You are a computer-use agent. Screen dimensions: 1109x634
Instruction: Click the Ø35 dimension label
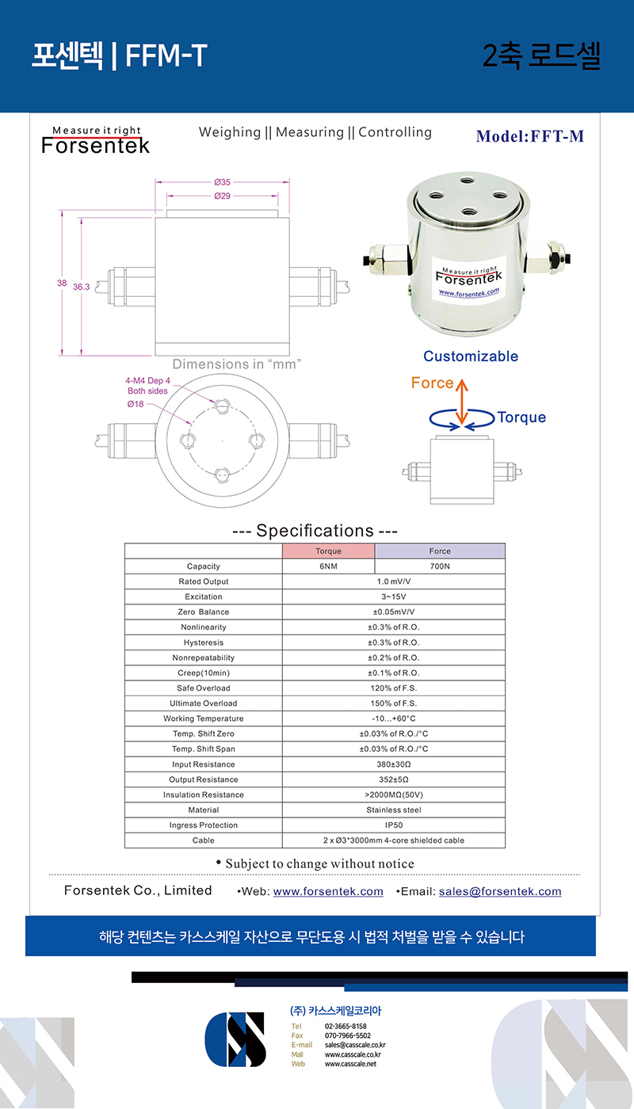click(222, 182)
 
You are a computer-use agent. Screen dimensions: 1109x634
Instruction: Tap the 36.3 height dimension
click(81, 288)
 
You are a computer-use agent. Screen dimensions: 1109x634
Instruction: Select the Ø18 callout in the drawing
click(136, 404)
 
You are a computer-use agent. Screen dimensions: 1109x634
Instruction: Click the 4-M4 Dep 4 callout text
click(148, 386)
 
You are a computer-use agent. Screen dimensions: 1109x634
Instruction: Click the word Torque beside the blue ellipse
click(521, 417)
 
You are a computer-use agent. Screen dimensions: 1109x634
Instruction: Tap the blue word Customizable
click(471, 356)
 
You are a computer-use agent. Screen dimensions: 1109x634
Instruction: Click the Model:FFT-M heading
click(530, 136)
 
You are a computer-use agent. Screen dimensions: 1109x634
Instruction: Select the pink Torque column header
click(328, 551)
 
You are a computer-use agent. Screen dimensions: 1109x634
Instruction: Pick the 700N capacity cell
click(440, 566)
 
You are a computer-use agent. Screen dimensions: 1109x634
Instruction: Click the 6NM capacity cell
click(328, 566)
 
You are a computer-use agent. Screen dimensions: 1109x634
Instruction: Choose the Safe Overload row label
click(204, 688)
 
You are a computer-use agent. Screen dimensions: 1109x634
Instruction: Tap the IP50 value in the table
click(394, 825)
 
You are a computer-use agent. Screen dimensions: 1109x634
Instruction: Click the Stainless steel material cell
click(394, 810)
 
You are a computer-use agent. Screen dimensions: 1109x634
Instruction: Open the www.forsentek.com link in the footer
click(328, 891)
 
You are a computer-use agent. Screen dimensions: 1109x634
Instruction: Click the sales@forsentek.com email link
click(500, 891)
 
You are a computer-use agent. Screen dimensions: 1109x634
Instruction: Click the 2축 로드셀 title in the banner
click(541, 55)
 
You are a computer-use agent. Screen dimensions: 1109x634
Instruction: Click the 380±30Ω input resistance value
click(394, 764)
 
